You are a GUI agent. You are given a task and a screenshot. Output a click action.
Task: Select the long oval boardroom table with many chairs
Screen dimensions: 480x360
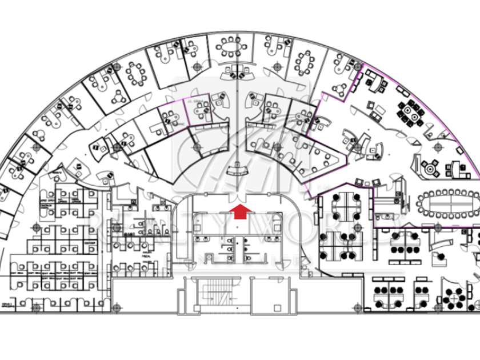click(448, 201)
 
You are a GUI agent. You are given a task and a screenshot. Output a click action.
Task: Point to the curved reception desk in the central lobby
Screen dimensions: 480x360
click(237, 169)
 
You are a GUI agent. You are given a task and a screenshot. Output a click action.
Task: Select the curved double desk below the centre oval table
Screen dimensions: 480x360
click(237, 72)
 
